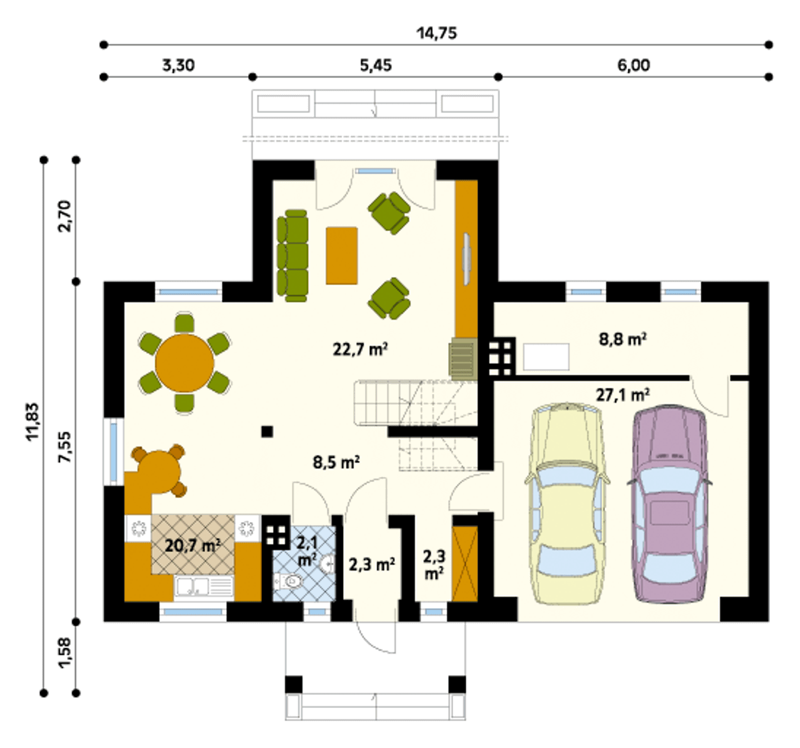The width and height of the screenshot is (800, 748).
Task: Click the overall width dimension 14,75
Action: (437, 33)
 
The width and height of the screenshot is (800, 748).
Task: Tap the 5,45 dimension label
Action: (376, 65)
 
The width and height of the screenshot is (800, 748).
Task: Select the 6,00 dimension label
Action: (634, 65)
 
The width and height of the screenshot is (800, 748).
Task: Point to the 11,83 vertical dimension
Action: (33, 421)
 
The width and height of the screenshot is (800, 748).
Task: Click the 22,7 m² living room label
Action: (360, 349)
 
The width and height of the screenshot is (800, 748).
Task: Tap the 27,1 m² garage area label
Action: (622, 395)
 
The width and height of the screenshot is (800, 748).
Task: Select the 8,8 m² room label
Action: (622, 340)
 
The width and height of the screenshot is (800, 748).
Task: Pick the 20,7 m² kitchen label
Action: (192, 546)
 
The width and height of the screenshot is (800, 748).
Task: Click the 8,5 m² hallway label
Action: (336, 463)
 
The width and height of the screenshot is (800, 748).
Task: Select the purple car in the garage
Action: (669, 503)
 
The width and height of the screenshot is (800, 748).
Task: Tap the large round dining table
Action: (184, 363)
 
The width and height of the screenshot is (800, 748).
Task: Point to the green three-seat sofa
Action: (292, 255)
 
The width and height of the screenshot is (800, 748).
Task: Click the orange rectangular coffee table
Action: (342, 255)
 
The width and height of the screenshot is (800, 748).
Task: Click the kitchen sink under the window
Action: (203, 586)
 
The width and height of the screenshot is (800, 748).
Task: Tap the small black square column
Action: (267, 431)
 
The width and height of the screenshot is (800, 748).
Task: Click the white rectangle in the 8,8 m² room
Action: (546, 357)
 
